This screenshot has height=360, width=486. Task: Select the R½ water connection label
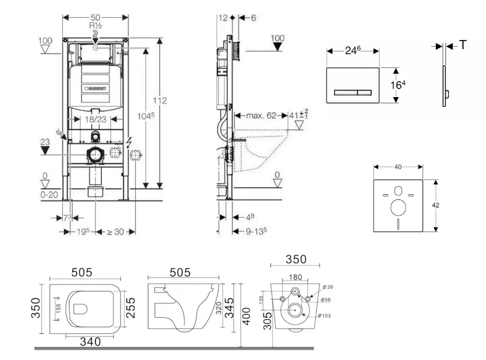[95, 27]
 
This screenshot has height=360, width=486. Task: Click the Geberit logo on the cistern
[97, 89]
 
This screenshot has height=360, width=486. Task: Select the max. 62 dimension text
[262, 116]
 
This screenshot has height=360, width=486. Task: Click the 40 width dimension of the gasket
[398, 167]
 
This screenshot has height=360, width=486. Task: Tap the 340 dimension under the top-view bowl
[90, 342]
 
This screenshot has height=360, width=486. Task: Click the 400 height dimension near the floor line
[247, 315]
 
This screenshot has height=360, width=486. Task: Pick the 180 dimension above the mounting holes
[295, 278]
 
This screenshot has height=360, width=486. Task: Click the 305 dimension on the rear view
[267, 323]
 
